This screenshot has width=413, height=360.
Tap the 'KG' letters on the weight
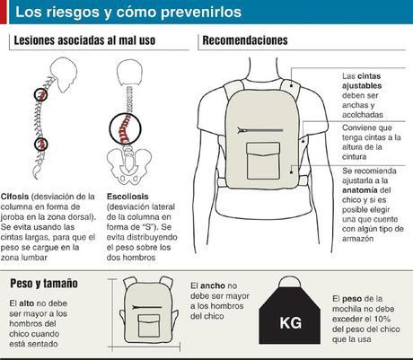(290, 321)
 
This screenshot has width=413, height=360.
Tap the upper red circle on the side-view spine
(42, 92)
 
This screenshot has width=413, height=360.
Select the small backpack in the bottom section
(148, 313)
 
